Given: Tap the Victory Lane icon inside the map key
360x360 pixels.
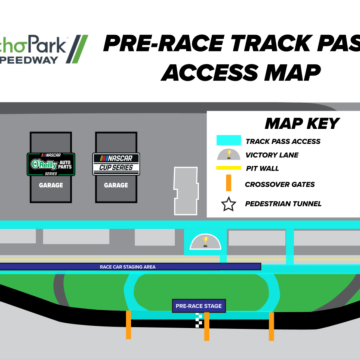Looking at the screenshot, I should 228,157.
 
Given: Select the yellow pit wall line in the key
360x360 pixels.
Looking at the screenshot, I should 228,170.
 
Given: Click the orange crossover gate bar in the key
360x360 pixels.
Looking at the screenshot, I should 228,184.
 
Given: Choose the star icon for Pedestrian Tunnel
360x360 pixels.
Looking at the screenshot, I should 228,204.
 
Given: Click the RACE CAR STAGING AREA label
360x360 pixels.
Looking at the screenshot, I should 130,267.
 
